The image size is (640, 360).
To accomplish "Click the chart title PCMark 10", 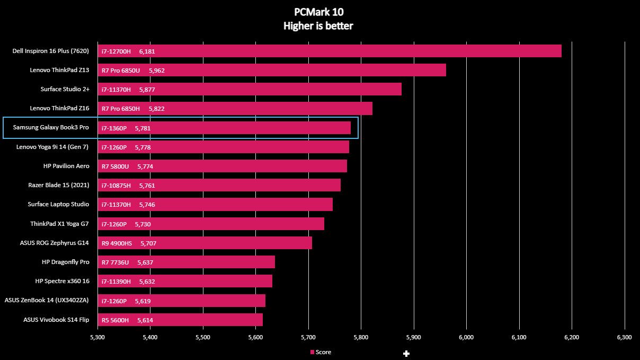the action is [x=318, y=12].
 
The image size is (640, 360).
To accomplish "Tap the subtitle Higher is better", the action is [x=318, y=26].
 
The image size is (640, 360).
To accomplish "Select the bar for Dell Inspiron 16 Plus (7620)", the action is [x=330, y=51].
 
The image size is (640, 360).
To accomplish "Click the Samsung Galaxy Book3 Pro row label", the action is [x=51, y=128].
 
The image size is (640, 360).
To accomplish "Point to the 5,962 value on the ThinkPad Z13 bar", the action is [x=157, y=71].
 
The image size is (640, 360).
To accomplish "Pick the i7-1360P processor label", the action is [x=114, y=128].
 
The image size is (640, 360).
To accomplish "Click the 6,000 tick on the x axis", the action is [x=466, y=337].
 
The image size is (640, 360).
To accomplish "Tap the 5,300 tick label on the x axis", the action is [x=97, y=337].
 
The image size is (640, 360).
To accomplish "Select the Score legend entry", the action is [x=321, y=352].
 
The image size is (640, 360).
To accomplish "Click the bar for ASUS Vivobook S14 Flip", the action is [x=180, y=320].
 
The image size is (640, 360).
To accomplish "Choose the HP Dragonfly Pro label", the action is [x=65, y=262].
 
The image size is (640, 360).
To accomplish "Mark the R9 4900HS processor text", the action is [x=117, y=243].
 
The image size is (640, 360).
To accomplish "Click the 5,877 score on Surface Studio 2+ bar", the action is [x=147, y=90].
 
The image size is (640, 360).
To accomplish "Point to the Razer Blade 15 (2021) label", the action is [x=59, y=185].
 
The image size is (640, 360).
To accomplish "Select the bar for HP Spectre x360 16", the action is [x=185, y=282].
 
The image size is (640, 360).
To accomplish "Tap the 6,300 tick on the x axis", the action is [x=625, y=337].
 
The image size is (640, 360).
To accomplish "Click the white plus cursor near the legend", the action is [x=406, y=354].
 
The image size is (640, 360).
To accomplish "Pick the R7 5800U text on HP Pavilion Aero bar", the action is [x=115, y=166].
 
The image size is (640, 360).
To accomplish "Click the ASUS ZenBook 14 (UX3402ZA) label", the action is [x=47, y=300].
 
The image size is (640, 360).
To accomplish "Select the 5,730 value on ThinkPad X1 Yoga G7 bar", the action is [x=143, y=224].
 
